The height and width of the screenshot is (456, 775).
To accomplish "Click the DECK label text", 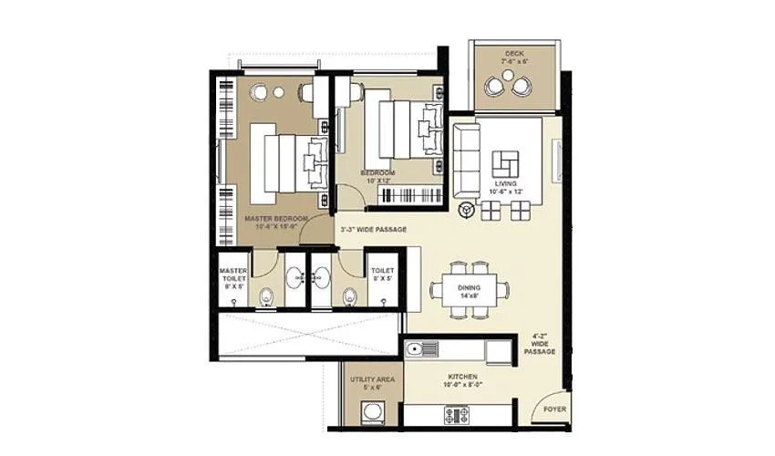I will [x=514, y=54].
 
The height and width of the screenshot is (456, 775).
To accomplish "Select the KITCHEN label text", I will [x=462, y=377].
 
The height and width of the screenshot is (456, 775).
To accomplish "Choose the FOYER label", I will [x=554, y=409].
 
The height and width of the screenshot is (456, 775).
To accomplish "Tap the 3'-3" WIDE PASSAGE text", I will [x=372, y=229].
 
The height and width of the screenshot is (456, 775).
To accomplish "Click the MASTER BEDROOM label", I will [x=275, y=220].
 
